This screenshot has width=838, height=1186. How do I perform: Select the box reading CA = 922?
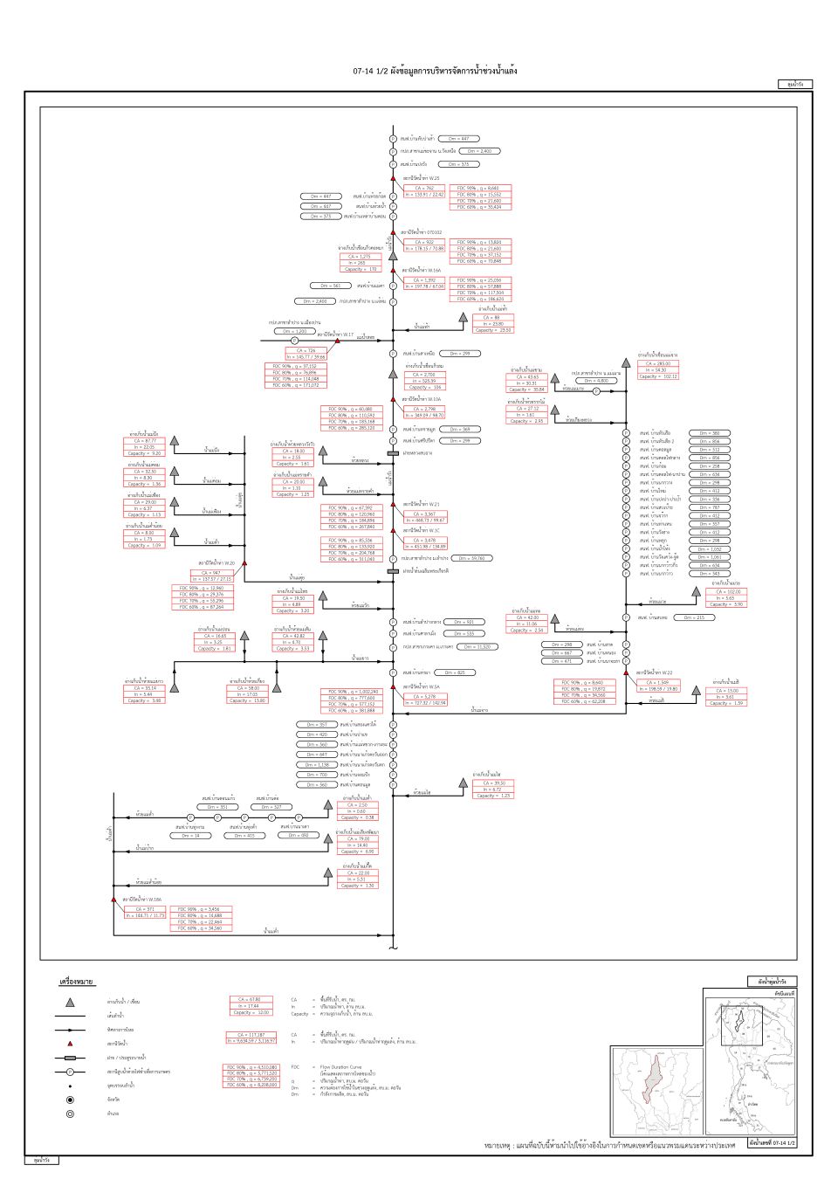[x=424, y=242]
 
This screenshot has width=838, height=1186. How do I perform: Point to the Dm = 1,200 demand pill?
[x=295, y=332]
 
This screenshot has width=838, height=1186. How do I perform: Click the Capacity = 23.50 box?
[x=493, y=330]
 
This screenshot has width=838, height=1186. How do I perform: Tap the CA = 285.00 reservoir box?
[x=658, y=363]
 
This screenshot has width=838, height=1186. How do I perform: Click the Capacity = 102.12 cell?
[x=658, y=376]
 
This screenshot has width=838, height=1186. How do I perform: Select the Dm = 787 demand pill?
[x=710, y=507]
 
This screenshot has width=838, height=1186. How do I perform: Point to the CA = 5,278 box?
[x=425, y=697]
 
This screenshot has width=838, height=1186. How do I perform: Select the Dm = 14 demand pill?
[x=190, y=836]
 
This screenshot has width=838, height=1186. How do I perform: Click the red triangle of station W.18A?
[x=113, y=899]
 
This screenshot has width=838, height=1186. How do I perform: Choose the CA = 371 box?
[x=145, y=909]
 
